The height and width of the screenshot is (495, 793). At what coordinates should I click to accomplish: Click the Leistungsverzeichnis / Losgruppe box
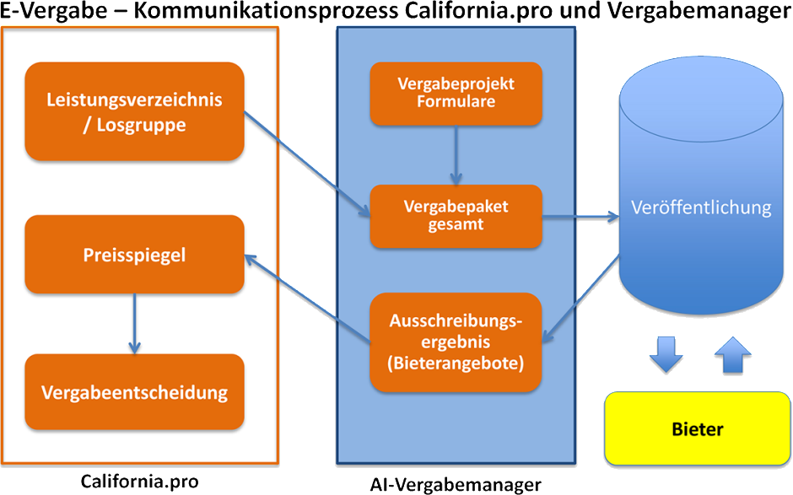coord(134,111)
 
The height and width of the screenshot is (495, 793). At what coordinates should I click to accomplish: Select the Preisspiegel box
coord(134,255)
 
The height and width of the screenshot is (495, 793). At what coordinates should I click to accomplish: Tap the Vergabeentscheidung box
coord(134,392)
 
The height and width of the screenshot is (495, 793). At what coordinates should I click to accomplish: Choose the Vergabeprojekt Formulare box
coord(456,94)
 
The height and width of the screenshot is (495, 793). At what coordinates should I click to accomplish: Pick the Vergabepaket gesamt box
coord(456,217)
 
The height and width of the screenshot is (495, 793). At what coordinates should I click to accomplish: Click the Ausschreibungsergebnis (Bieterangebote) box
coord(456,342)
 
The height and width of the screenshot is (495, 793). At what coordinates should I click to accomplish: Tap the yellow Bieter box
coord(698,428)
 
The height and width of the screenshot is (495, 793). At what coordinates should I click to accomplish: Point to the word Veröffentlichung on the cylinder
coord(701,207)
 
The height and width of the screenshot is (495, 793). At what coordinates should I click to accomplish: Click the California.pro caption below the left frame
coord(139,481)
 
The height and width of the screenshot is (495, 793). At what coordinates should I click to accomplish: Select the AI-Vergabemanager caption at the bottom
coord(456,485)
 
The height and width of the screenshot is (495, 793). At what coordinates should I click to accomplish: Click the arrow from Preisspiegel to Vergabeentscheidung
coord(134,324)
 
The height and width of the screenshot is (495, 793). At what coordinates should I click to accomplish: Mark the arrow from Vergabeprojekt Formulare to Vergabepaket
coord(456,155)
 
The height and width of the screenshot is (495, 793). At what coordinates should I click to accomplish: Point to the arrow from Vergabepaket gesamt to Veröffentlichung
coord(580,217)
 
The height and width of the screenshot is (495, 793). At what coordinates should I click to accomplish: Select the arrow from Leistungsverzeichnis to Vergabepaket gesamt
coord(307,164)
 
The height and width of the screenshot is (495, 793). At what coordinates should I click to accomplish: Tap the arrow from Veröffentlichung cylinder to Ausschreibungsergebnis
coord(580,299)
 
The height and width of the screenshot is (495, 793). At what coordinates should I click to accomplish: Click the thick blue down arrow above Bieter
coord(666,354)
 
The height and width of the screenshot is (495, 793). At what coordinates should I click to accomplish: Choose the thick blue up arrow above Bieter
coord(733,354)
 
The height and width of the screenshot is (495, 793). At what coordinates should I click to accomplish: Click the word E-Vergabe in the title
coord(54,11)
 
